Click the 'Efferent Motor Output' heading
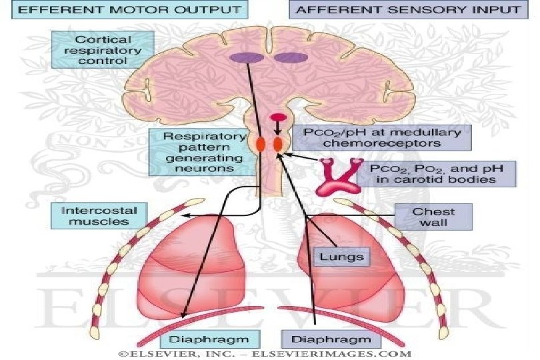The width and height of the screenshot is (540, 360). (x=122, y=9)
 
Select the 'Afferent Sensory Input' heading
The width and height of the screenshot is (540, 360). (x=407, y=9)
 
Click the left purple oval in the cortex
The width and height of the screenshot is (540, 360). (x=245, y=58)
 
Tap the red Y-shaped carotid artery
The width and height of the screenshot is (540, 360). (x=337, y=175)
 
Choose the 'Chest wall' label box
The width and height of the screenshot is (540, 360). (x=433, y=217)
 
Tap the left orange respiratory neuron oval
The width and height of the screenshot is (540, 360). (x=261, y=143)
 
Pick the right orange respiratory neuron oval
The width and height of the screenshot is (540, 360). (x=278, y=143)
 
